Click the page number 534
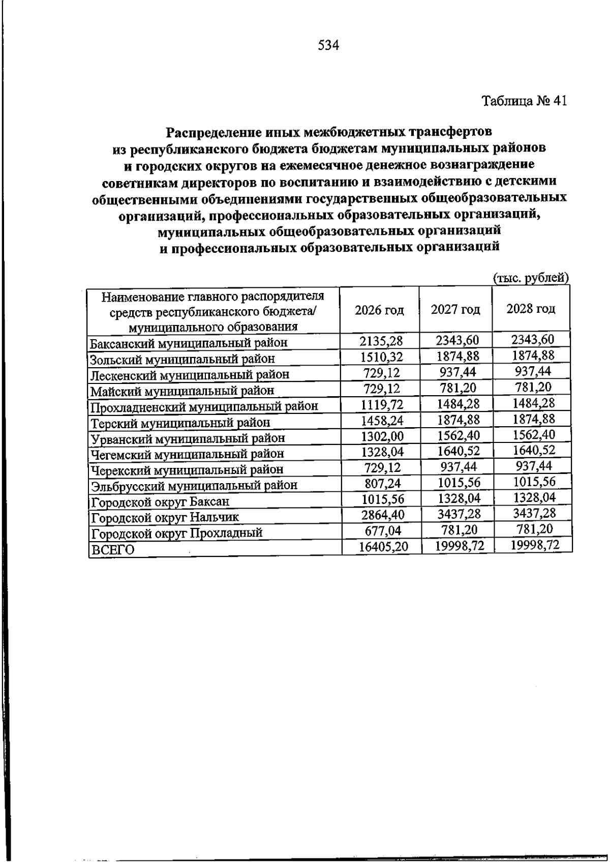[x=328, y=46]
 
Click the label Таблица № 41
[x=524, y=101]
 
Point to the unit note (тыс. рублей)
[x=531, y=278]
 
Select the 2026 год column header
[x=379, y=310]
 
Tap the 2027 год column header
[x=455, y=309]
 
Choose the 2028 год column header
[x=531, y=309]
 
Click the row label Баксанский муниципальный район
[x=189, y=343]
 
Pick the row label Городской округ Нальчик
[x=165, y=518]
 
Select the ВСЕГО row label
[x=112, y=550]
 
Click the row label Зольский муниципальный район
[x=182, y=360]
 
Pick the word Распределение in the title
[x=214, y=132]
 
